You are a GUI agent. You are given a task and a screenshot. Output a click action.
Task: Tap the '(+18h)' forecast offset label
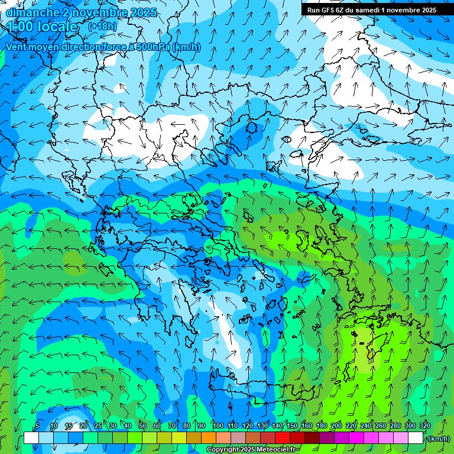(102, 26)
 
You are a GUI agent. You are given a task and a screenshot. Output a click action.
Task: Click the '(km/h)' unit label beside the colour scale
(438, 439)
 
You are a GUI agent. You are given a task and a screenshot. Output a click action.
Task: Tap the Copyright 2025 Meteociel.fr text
(251, 450)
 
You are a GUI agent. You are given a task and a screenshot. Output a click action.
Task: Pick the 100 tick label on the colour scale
(218, 426)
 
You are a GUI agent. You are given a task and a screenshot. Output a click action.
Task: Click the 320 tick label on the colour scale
(424, 426)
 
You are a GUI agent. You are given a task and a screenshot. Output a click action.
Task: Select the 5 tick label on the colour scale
(37, 426)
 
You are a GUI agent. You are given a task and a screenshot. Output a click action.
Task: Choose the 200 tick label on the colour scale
(336, 426)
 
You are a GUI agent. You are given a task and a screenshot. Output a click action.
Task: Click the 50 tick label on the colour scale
(142, 426)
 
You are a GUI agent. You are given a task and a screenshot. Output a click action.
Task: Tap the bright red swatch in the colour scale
(283, 438)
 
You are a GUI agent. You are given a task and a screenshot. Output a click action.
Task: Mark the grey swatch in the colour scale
(238, 438)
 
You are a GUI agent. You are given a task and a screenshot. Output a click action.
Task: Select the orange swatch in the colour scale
(209, 438)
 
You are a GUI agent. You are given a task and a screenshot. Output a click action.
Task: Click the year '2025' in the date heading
(142, 12)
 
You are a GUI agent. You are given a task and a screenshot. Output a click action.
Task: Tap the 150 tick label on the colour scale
(292, 426)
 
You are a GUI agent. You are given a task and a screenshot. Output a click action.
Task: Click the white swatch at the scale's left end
(31, 438)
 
